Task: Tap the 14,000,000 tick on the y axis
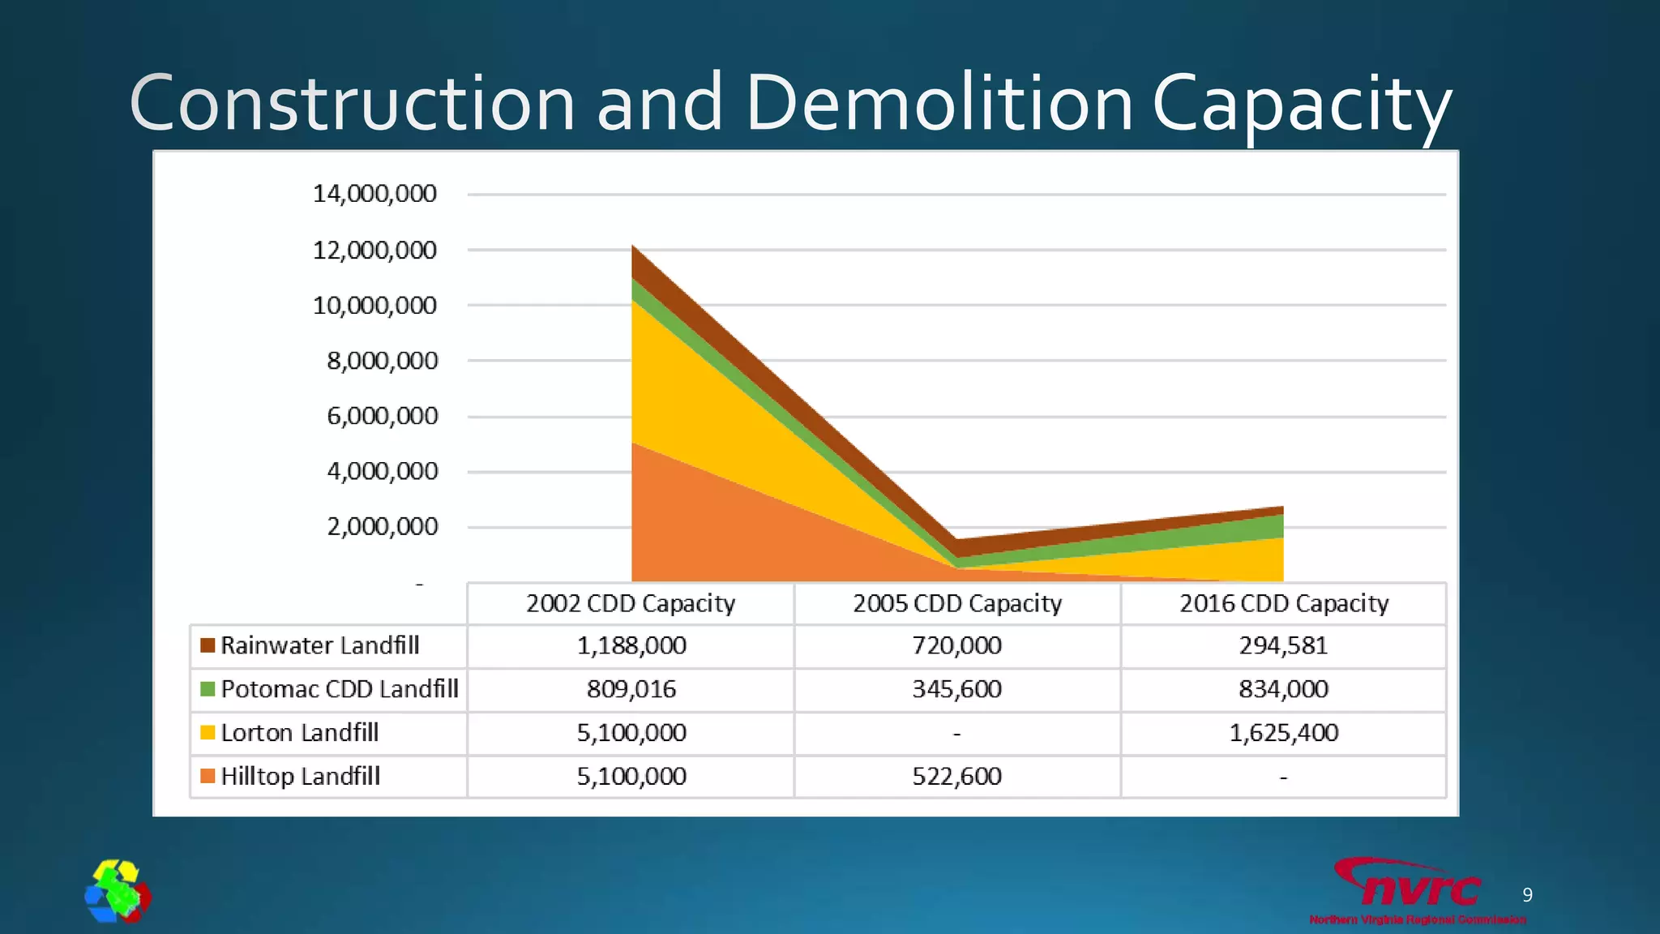374,194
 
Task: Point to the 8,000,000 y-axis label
382,361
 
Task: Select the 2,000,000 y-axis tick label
382,527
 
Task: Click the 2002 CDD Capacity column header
631,603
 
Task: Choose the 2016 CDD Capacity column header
1284,603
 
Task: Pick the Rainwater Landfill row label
320,645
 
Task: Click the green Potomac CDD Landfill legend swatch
207,689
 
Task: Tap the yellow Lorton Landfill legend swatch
207,733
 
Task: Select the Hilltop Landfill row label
300,776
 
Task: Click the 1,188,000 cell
631,645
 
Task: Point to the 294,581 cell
1283,645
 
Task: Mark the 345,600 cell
957,689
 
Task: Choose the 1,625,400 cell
1284,733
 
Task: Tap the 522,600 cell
957,777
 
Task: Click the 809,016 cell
631,689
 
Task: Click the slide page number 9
1527,895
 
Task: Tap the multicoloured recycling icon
118,891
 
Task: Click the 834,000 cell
1283,689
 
